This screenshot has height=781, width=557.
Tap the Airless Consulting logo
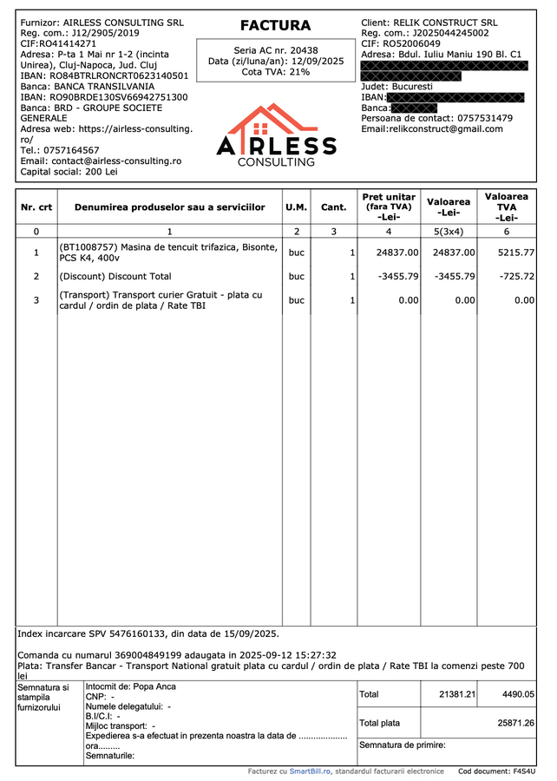pos(275,136)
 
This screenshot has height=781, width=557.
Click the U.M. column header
pos(296,207)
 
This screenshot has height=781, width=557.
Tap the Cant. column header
pos(333,207)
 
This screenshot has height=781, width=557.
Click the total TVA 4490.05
pos(517,694)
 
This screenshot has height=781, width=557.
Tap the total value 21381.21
pos(457,694)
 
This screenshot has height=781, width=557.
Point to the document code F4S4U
pos(523,771)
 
